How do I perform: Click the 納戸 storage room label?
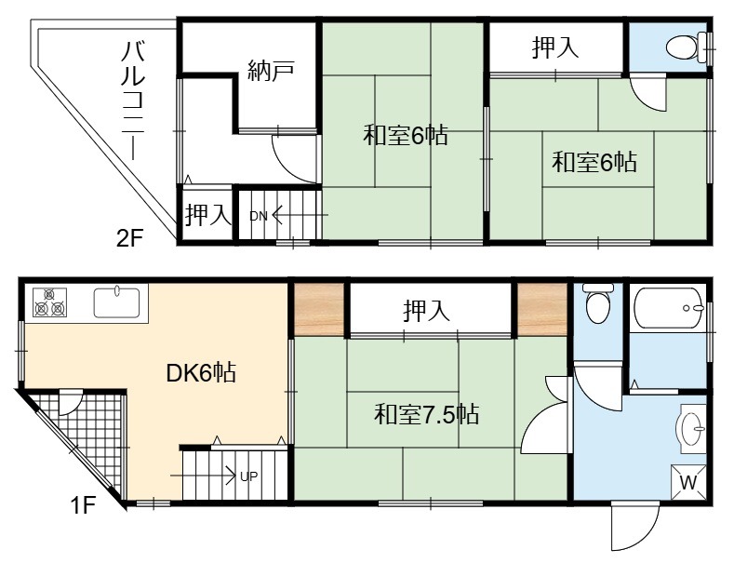[271, 70]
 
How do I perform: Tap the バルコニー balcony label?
[132, 101]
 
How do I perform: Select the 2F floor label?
[129, 239]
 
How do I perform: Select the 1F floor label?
[83, 505]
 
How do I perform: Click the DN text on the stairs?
[258, 216]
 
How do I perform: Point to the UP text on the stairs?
[248, 476]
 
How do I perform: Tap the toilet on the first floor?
[598, 303]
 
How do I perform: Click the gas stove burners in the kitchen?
[49, 302]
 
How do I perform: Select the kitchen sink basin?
[116, 302]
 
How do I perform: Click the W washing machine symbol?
[688, 482]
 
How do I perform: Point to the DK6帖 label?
[201, 373]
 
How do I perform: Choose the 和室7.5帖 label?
[426, 414]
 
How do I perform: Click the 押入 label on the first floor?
[426, 311]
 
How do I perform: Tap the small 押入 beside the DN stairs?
[207, 215]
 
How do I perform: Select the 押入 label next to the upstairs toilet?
[555, 47]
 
